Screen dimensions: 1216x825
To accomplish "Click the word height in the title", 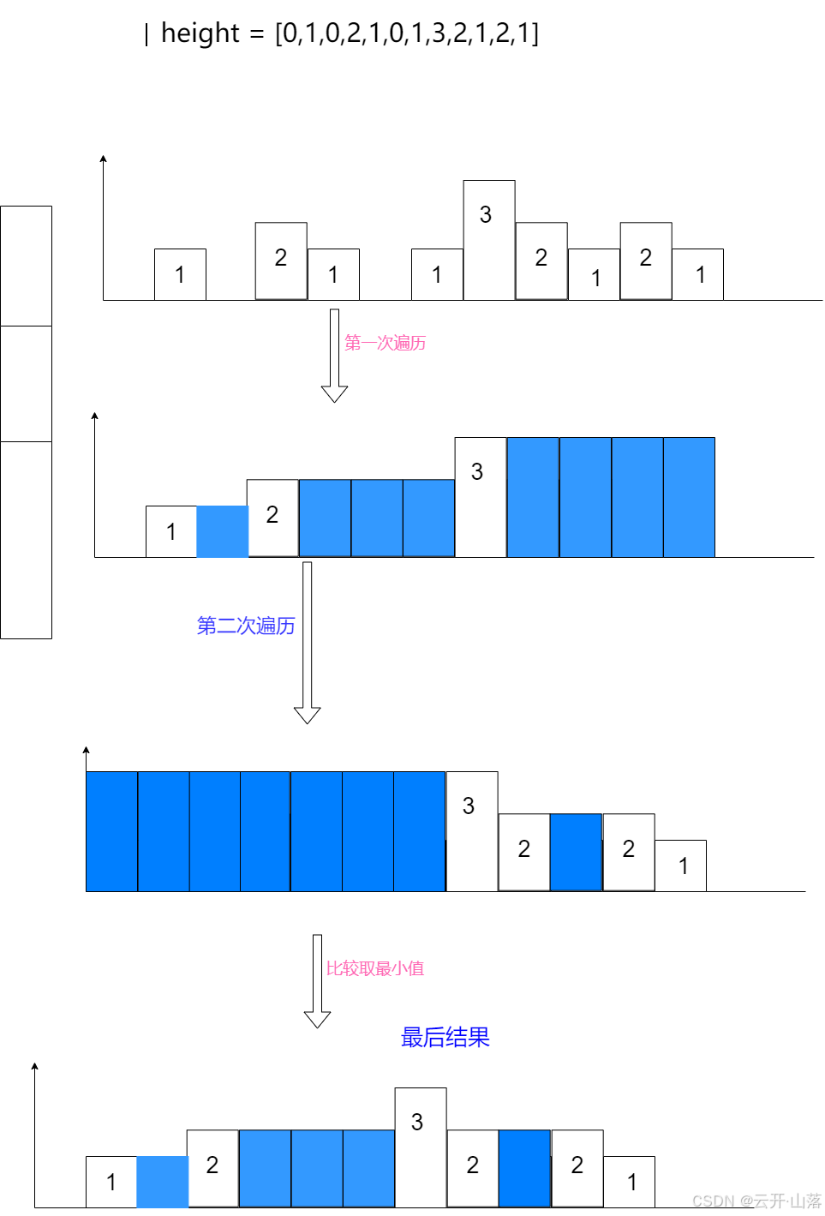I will (200, 33).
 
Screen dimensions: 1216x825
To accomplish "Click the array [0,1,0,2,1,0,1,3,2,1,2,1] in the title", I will (407, 33).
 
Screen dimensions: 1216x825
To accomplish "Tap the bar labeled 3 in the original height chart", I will (489, 240).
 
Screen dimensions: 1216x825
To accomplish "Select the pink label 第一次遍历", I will (386, 343).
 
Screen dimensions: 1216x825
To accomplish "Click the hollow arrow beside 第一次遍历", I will (334, 355).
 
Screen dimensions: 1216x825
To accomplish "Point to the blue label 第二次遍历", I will (246, 626).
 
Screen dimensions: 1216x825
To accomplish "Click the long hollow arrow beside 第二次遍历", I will (307, 643).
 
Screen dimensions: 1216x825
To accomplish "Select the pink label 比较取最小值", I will (375, 968).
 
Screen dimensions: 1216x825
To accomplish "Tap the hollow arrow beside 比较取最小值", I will (317, 980).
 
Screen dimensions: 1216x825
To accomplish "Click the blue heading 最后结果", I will (445, 1037).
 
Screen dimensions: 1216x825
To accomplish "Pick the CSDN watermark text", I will (756, 1201).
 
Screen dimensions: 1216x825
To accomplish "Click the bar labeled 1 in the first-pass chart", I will (171, 531).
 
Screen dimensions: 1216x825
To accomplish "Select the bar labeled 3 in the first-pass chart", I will (481, 497).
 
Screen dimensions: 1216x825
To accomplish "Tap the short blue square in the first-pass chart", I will (223, 531).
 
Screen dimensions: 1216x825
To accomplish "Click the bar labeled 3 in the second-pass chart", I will (472, 831).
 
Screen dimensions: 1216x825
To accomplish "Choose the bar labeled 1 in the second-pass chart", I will (680, 866).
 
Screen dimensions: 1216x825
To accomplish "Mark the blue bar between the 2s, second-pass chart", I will (576, 852).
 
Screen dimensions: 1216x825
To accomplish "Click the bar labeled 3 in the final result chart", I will (421, 1147).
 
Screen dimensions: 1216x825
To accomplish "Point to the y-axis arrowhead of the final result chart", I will (34, 1067).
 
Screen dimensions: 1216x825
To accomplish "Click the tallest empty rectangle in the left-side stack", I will (26, 540).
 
